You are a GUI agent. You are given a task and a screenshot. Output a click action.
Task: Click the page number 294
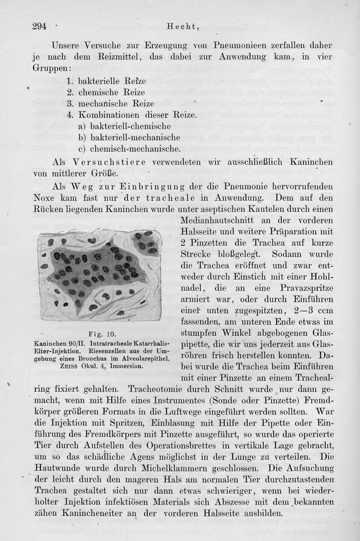pyautogui.click(x=40, y=26)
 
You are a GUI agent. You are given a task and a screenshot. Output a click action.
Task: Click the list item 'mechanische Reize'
pyautogui.click(x=110, y=104)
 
